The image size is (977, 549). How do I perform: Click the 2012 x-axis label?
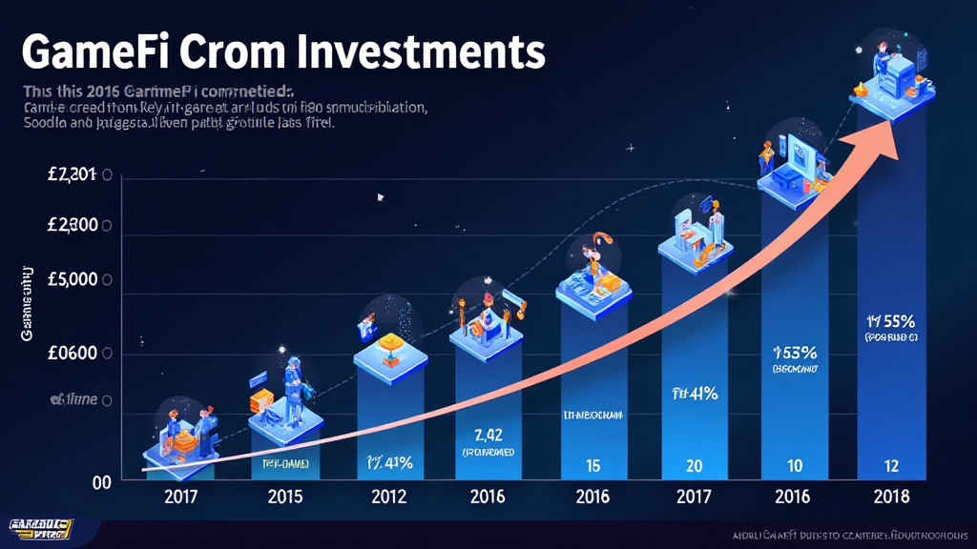point(388,497)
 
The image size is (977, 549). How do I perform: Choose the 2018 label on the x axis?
point(890,497)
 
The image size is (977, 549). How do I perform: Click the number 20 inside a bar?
point(693,466)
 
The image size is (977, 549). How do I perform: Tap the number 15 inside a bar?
point(592,466)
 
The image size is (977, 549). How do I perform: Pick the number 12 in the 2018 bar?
point(890,466)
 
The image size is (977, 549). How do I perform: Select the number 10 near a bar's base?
point(793,466)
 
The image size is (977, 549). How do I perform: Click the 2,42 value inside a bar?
point(488,436)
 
